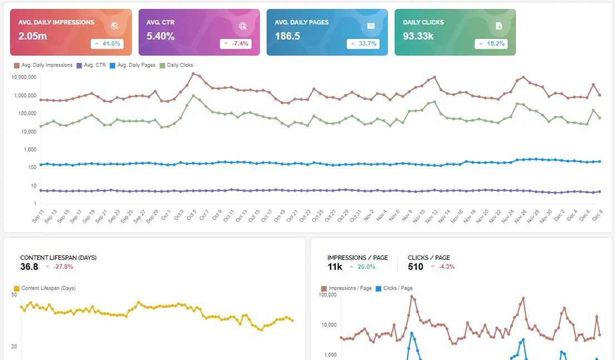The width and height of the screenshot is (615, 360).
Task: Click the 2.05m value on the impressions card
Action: (x=32, y=36)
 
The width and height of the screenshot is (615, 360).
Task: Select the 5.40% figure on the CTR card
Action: (x=160, y=36)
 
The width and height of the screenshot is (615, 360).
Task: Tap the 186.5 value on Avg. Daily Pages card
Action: (x=287, y=36)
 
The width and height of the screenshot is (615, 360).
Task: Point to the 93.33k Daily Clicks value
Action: (x=419, y=36)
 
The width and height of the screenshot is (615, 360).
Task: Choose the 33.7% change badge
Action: (x=362, y=43)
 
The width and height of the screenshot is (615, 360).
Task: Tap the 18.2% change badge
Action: (x=490, y=43)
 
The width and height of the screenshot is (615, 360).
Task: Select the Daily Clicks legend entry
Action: (x=176, y=65)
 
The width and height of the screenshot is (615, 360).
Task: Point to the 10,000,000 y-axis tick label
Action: (x=23, y=77)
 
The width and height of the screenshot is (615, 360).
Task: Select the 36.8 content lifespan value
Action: (x=29, y=267)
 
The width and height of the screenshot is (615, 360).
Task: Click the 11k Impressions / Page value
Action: (x=335, y=267)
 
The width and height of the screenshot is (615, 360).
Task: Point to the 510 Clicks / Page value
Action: (x=416, y=267)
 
